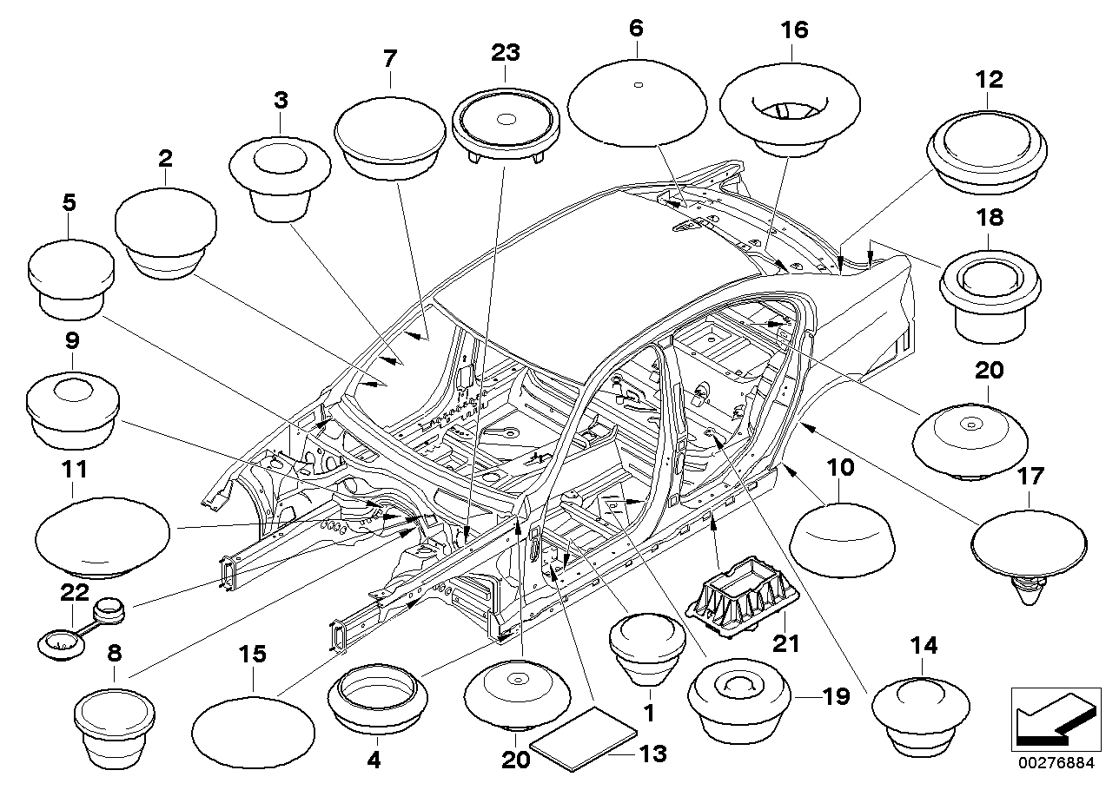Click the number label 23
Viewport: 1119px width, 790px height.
click(x=505, y=52)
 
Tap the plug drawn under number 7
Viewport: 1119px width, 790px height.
click(x=389, y=139)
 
